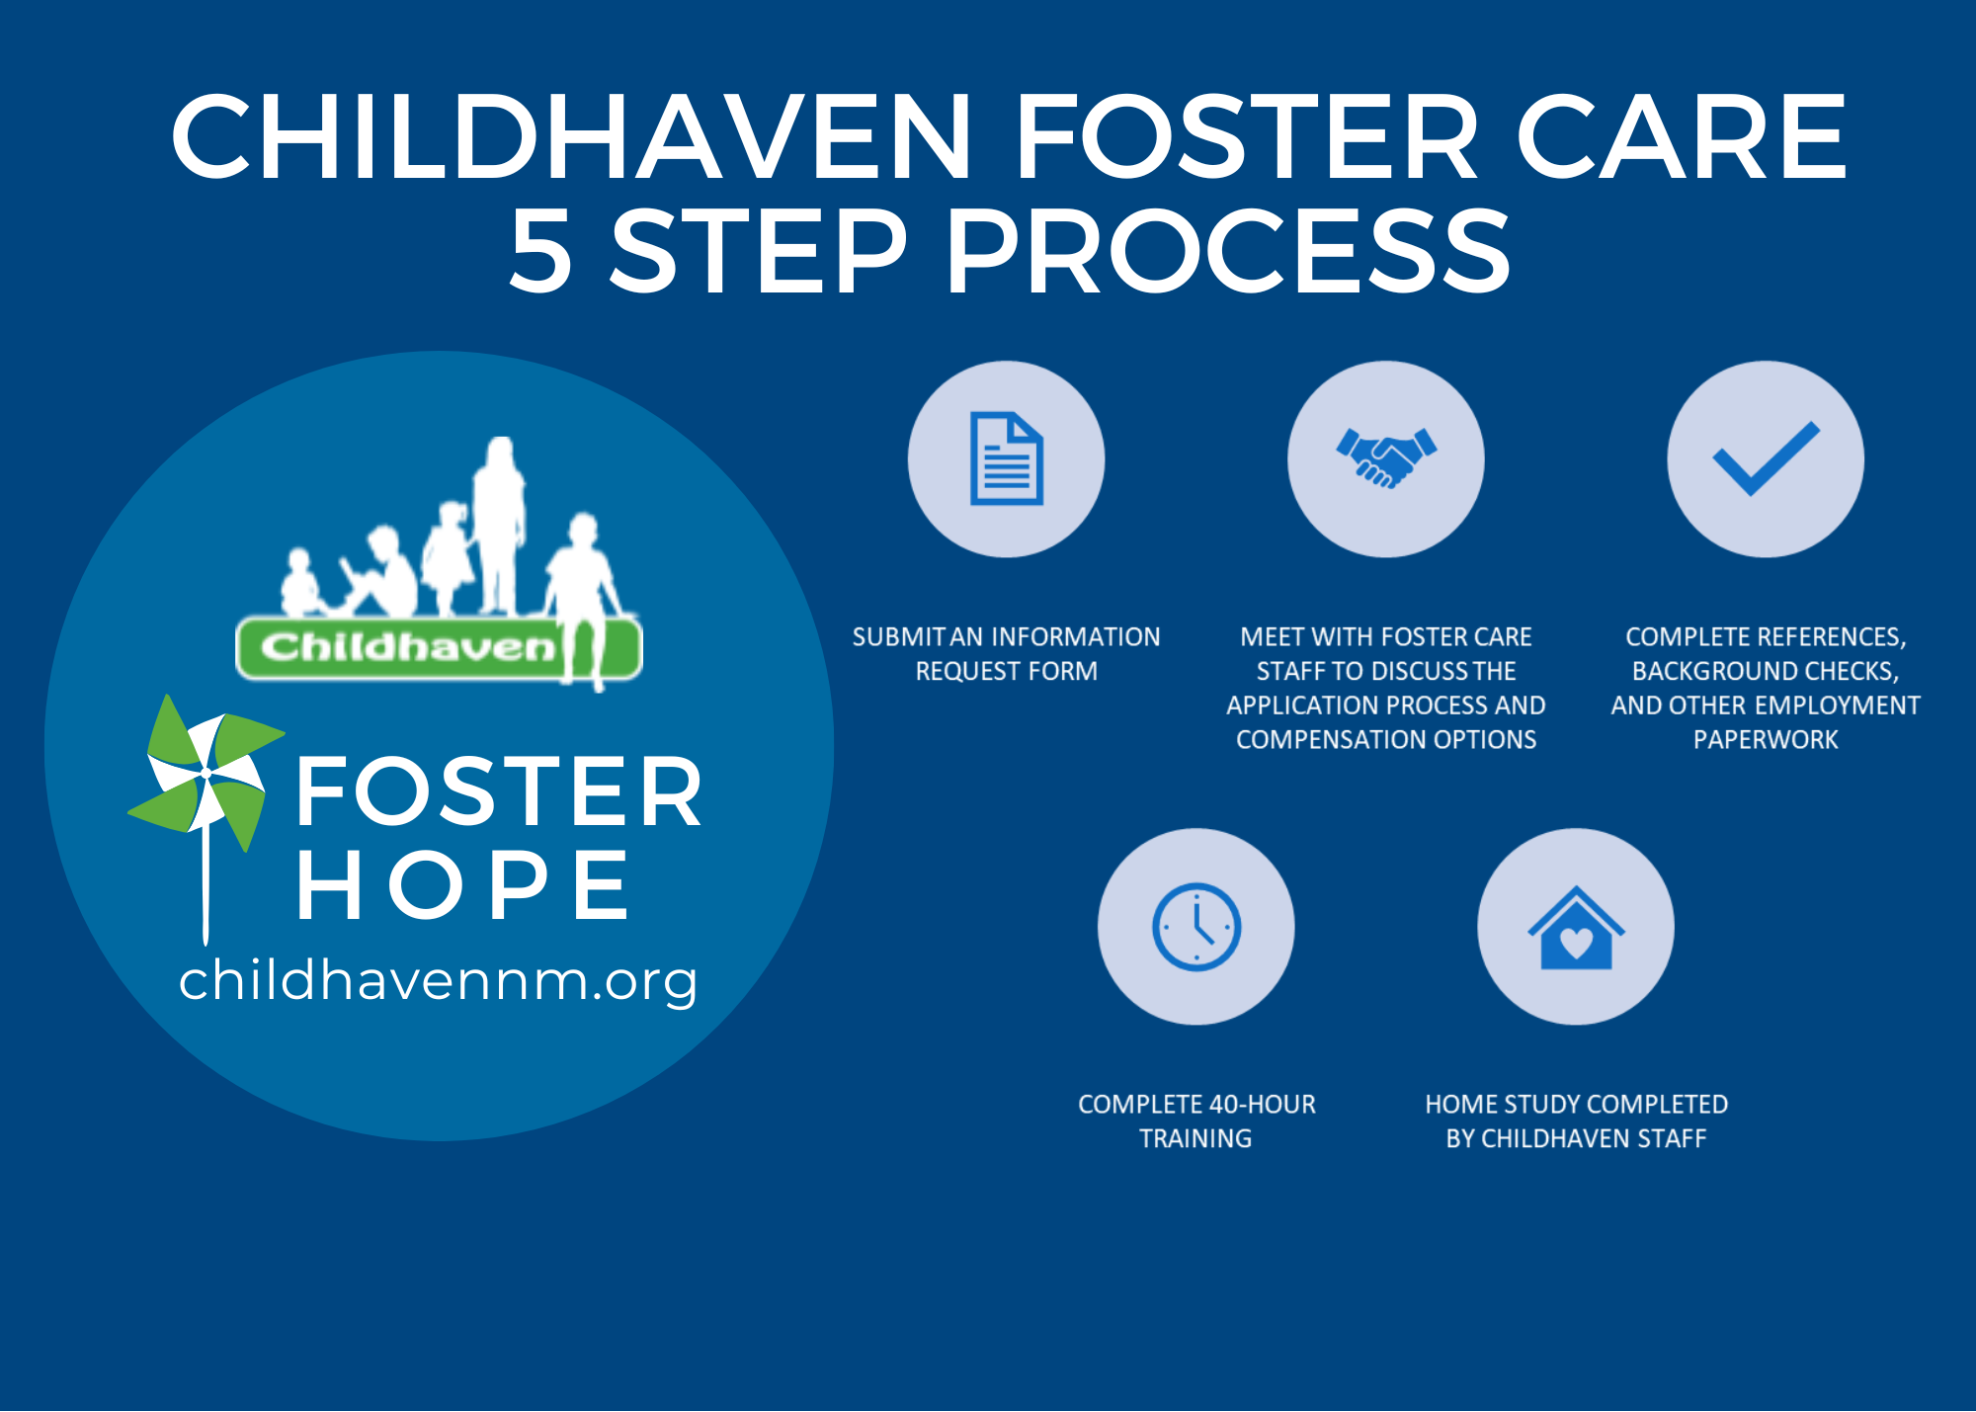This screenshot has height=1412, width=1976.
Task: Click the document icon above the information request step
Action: click(x=1006, y=458)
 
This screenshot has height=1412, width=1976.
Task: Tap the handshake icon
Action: click(x=1386, y=457)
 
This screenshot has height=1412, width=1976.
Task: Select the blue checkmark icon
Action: click(x=1766, y=458)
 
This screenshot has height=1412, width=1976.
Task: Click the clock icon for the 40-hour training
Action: click(x=1196, y=927)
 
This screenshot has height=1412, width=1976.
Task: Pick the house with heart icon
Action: click(x=1576, y=929)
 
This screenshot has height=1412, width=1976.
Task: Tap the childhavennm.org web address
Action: click(x=438, y=980)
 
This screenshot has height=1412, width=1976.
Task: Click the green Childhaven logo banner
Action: click(x=439, y=648)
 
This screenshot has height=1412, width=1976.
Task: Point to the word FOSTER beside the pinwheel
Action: click(x=499, y=791)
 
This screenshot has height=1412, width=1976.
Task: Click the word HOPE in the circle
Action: click(x=462, y=884)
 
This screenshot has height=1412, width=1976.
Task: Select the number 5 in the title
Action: click(x=540, y=251)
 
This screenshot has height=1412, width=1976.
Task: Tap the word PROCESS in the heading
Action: click(x=1228, y=251)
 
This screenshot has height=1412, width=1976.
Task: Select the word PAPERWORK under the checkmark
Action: click(x=1766, y=739)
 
